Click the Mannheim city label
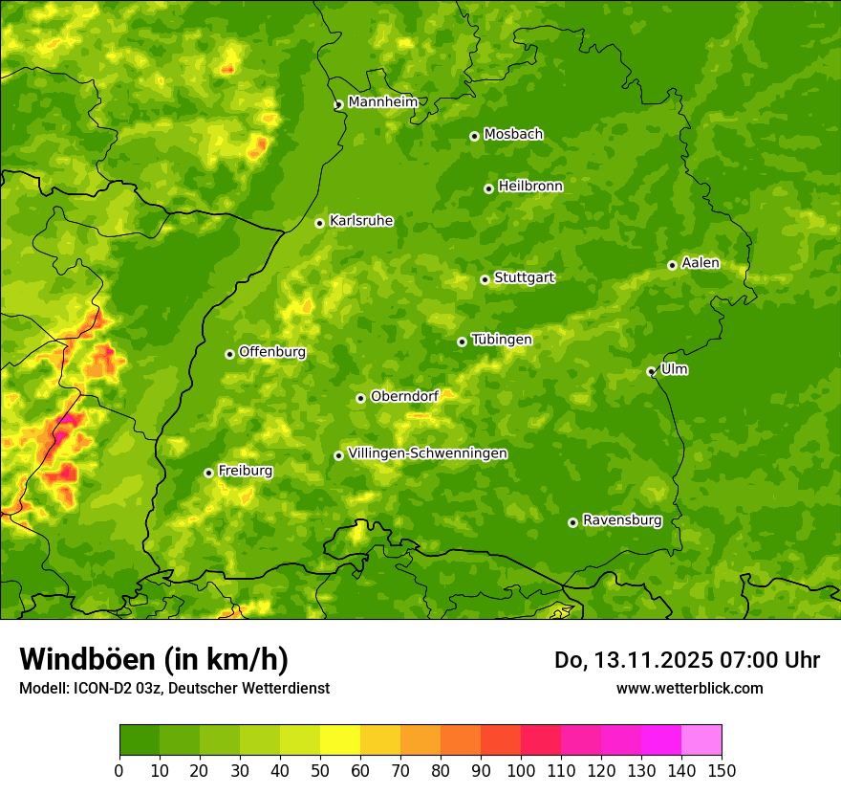pyautogui.click(x=382, y=101)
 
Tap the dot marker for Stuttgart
pyautogui.click(x=485, y=279)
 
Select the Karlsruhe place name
pyautogui.click(x=360, y=221)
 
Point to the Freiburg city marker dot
pyautogui.click(x=208, y=473)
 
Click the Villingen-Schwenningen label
pyautogui.click(x=427, y=453)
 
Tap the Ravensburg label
pyautogui.click(x=621, y=520)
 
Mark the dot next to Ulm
pyautogui.click(x=651, y=371)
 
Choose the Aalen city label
pyautogui.click(x=700, y=263)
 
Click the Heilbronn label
pyautogui.click(x=530, y=187)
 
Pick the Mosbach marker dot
pyautogui.click(x=474, y=136)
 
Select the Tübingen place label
pyautogui.click(x=501, y=340)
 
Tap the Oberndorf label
pyautogui.click(x=404, y=396)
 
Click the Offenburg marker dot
pyautogui.click(x=229, y=354)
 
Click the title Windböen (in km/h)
pyautogui.click(x=154, y=659)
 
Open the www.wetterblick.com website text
pyautogui.click(x=689, y=688)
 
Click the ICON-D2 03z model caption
pyautogui.click(x=174, y=688)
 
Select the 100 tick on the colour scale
pyautogui.click(x=521, y=770)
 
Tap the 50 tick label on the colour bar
pyautogui.click(x=319, y=770)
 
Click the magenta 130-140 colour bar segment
pyautogui.click(x=661, y=740)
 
